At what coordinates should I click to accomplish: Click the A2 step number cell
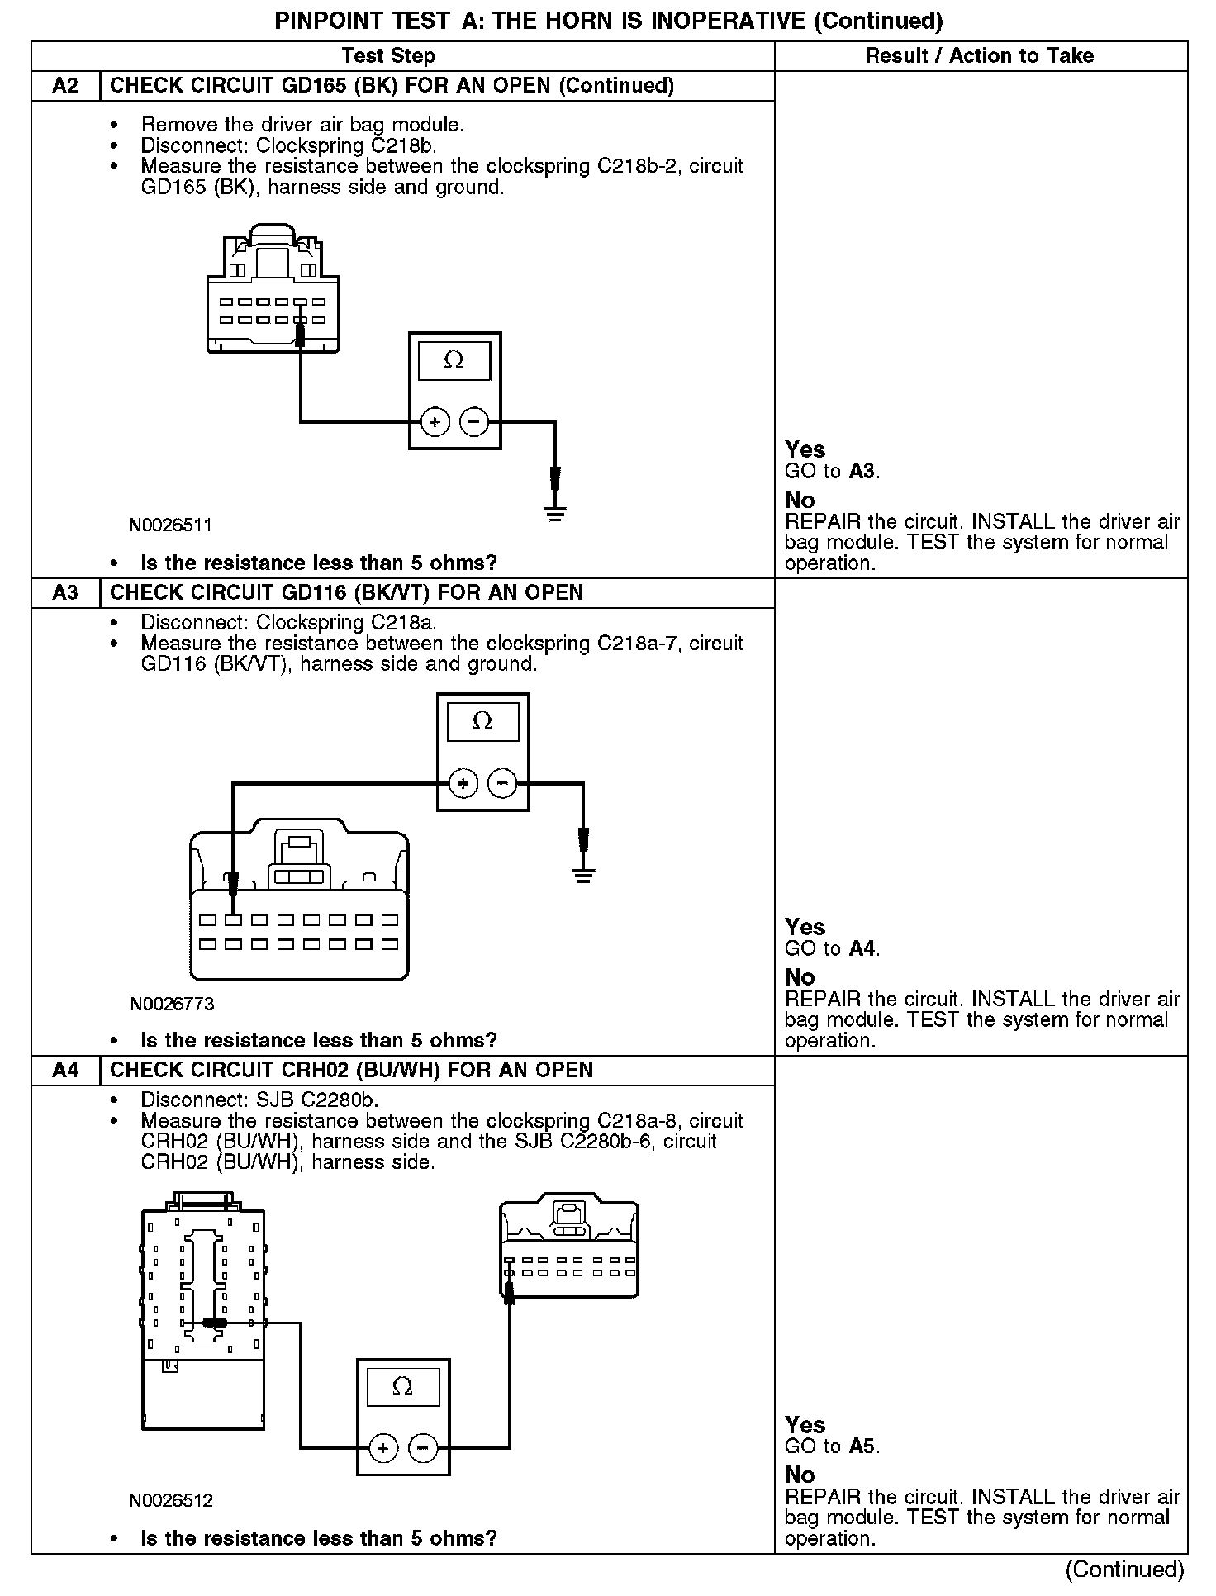(x=65, y=86)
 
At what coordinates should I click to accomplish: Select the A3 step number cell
(x=65, y=593)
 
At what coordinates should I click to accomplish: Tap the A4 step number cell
(x=65, y=1071)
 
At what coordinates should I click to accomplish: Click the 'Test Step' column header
(x=388, y=55)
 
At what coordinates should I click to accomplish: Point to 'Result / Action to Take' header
(x=979, y=55)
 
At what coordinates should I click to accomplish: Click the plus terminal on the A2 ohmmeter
(x=435, y=422)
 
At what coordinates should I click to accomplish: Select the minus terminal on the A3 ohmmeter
(x=502, y=783)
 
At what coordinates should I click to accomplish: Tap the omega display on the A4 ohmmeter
(x=402, y=1387)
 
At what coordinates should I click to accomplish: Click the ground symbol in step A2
(x=555, y=513)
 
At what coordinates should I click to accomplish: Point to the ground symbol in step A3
(x=583, y=875)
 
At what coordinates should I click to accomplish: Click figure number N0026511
(x=170, y=525)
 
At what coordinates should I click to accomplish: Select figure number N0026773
(x=171, y=1005)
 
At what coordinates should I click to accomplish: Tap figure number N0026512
(x=170, y=1500)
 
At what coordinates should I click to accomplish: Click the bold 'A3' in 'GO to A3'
(x=862, y=472)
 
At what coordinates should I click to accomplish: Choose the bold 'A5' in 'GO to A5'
(x=862, y=1446)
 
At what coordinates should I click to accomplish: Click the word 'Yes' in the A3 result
(x=805, y=927)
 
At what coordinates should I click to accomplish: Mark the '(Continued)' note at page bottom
(x=1124, y=1569)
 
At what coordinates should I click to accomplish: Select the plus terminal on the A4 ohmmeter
(x=382, y=1448)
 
